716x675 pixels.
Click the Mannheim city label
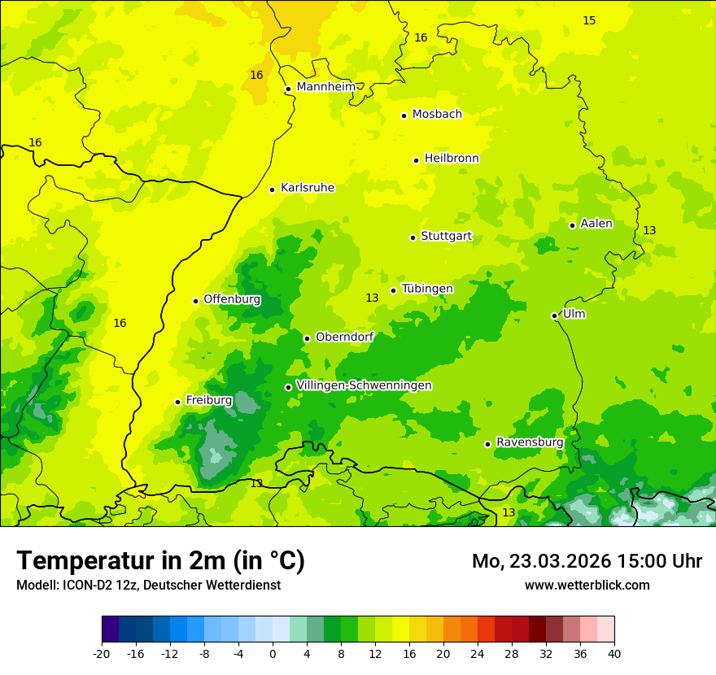tap(326, 87)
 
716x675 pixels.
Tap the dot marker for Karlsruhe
tap(273, 189)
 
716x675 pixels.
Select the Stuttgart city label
tap(446, 237)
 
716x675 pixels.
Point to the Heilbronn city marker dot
tap(416, 160)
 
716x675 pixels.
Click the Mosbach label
tap(437, 115)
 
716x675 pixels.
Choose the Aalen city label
tap(596, 224)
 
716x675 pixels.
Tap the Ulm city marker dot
tap(554, 316)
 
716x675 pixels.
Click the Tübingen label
tap(427, 289)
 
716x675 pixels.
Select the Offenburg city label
tap(232, 299)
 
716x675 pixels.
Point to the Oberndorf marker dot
tap(307, 338)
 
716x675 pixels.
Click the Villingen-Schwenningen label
tap(364, 385)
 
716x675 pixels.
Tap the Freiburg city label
tap(209, 400)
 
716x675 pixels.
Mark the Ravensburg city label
tap(530, 442)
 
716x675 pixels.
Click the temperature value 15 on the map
tap(589, 20)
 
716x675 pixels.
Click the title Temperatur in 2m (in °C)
tap(160, 560)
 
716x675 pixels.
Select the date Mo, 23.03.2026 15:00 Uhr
tap(587, 561)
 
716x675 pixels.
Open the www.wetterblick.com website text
tap(587, 585)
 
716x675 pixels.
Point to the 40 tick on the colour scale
tap(613, 653)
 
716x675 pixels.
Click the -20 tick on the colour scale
tap(102, 653)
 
